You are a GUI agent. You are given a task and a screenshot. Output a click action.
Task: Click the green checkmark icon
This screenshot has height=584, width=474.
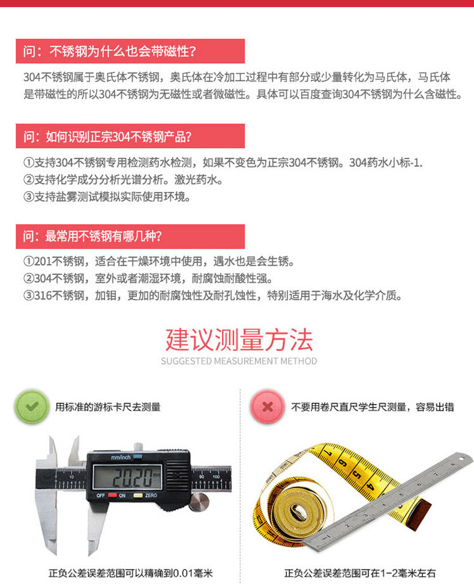(31, 407)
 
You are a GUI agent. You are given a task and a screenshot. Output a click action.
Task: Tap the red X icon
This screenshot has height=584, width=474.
(267, 407)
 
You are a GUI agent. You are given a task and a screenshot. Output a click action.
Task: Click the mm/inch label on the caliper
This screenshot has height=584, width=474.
(121, 458)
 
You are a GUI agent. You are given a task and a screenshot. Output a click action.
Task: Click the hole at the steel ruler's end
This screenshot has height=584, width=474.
(462, 459)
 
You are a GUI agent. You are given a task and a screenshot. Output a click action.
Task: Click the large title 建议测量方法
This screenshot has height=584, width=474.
(239, 340)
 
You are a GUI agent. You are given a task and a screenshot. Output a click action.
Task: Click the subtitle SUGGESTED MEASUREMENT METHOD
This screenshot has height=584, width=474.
(239, 361)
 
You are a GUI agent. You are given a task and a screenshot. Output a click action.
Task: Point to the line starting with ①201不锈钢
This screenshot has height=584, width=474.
(159, 262)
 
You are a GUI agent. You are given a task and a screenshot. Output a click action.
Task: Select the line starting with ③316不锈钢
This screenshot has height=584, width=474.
(212, 295)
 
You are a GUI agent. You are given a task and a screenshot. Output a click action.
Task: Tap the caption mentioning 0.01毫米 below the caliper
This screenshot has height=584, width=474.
(131, 573)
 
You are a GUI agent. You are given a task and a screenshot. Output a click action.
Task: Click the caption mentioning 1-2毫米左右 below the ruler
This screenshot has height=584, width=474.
(360, 573)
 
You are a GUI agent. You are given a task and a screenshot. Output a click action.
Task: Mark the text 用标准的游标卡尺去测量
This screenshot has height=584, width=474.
(108, 407)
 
